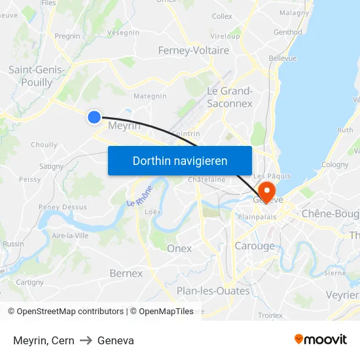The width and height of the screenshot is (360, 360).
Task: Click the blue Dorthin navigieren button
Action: tap(179, 160)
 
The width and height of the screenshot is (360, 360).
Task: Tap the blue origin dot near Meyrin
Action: tap(94, 117)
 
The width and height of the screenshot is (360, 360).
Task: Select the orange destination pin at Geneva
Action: tap(267, 190)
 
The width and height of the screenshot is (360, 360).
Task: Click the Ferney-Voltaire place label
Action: tap(194, 50)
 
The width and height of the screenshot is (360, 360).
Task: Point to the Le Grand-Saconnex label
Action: tap(229, 97)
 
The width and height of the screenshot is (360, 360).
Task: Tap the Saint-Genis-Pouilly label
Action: tap(36, 76)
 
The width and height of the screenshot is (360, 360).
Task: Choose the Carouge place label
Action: tap(255, 246)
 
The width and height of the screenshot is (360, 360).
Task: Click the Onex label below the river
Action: tap(179, 248)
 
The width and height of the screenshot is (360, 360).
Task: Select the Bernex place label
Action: tap(126, 273)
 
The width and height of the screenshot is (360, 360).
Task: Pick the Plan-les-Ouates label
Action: tap(213, 290)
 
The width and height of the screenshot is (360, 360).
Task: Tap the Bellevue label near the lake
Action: tap(282, 58)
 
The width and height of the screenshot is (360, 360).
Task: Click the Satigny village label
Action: tap(51, 166)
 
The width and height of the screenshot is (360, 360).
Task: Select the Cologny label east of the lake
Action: tap(334, 165)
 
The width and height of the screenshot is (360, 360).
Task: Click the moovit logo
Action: tap(320, 340)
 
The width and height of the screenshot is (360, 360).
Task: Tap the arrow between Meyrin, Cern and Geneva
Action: tap(86, 340)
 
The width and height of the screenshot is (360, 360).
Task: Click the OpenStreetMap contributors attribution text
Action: tap(65, 312)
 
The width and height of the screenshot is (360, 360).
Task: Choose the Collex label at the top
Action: tap(222, 16)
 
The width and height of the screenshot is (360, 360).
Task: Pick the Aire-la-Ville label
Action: tap(69, 235)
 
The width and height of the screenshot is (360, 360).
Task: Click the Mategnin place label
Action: tap(150, 96)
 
